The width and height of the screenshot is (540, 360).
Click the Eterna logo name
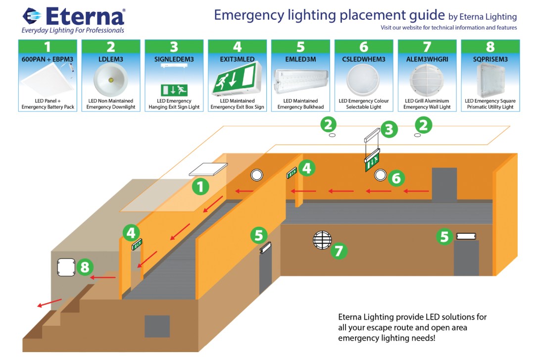[x=84, y=17]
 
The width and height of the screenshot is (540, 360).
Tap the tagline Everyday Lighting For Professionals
[x=72, y=31]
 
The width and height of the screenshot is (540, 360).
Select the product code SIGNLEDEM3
[x=174, y=59]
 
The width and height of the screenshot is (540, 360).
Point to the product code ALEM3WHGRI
[x=427, y=59]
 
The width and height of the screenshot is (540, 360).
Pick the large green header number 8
[x=490, y=47]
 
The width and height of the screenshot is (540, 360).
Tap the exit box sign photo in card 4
[x=237, y=80]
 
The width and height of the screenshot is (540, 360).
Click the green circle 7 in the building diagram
[x=339, y=251]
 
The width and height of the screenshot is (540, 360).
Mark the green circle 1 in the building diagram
[x=200, y=187]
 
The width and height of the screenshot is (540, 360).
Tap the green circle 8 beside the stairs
[x=85, y=267]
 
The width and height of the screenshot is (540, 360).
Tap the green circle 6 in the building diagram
[x=396, y=178]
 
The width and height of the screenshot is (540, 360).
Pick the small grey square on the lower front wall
[x=157, y=326]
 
